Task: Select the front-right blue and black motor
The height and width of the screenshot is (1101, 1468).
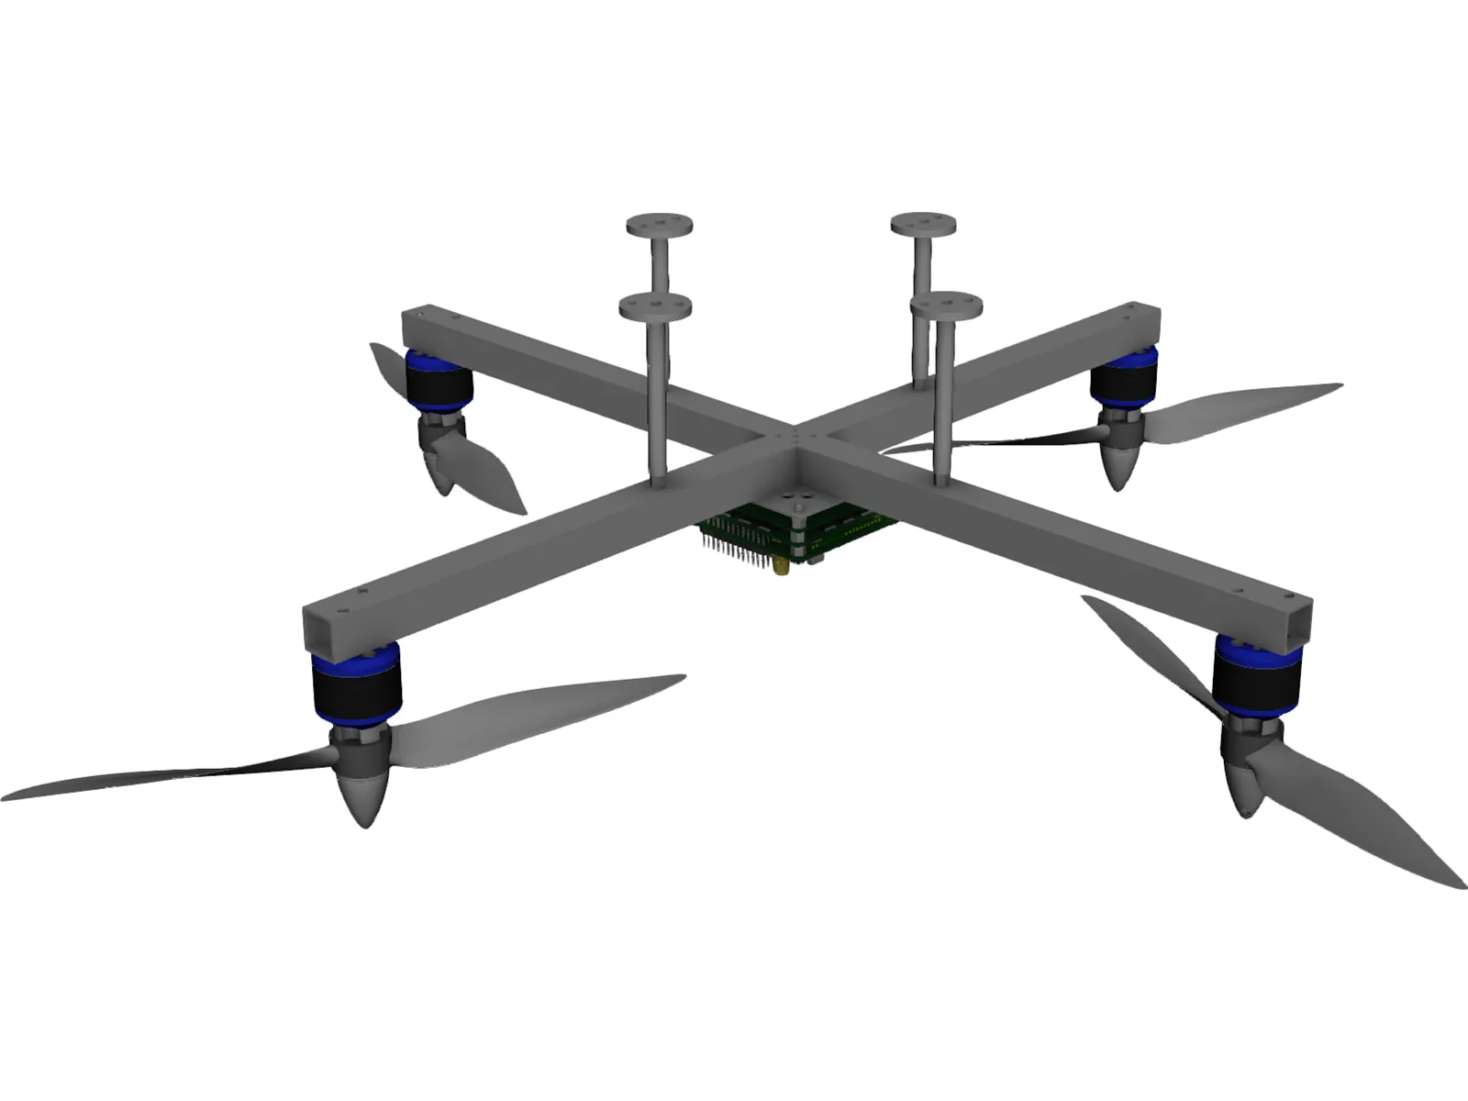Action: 1257,675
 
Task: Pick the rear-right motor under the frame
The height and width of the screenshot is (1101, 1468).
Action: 1124,378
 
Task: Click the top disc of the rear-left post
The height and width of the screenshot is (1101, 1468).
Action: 659,225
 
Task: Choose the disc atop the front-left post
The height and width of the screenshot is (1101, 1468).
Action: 654,306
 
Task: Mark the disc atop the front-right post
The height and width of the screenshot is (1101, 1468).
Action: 946,305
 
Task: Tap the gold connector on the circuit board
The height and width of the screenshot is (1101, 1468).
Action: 781,570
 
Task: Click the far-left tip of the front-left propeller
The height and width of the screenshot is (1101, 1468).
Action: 7,793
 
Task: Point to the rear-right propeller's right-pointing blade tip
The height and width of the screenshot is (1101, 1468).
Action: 1338,387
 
